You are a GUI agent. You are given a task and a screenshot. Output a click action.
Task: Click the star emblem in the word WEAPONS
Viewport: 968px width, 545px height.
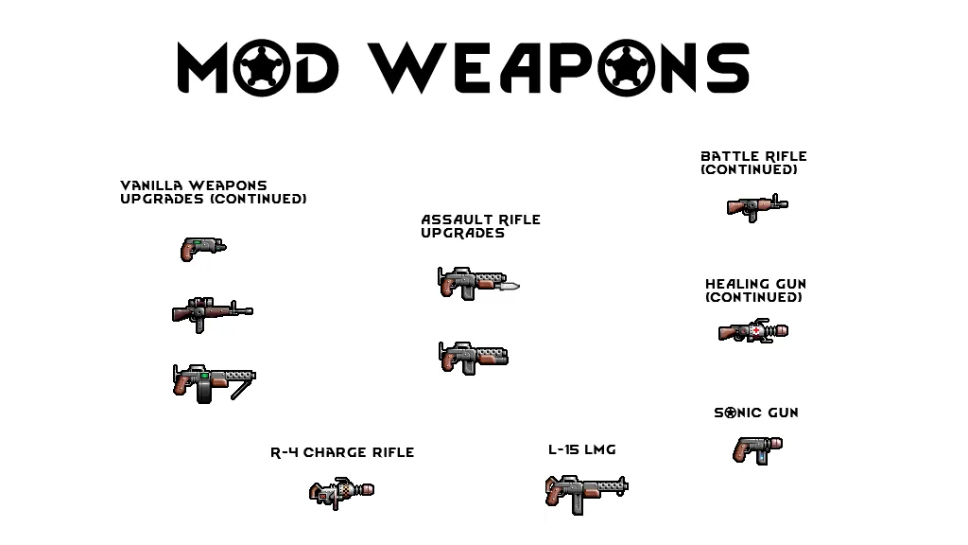(625, 69)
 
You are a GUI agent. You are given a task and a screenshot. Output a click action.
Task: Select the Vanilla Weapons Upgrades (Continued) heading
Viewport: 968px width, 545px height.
(214, 192)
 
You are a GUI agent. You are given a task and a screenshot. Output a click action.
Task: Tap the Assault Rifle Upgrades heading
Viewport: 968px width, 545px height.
(480, 226)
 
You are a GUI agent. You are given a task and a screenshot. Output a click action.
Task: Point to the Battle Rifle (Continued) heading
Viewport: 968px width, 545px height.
(753, 163)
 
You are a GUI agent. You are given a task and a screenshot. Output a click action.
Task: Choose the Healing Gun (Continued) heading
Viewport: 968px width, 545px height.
(755, 290)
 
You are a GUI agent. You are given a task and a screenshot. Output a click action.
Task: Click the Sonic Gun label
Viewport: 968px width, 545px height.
(755, 413)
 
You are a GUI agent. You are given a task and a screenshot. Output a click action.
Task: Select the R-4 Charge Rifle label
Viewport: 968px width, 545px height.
(342, 452)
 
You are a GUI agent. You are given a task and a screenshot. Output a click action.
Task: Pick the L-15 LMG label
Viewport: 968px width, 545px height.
(581, 449)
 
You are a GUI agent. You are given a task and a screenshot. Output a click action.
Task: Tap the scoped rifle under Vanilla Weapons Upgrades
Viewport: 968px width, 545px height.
(212, 311)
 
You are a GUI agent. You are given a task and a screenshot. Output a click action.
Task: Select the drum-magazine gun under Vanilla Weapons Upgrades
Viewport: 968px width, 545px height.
(214, 382)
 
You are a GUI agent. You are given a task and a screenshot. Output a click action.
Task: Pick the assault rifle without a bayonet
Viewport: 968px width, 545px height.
(473, 357)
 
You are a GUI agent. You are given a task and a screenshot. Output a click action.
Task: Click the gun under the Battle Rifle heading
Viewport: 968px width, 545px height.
(756, 206)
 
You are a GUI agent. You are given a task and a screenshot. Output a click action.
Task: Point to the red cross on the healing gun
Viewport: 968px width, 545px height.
(756, 330)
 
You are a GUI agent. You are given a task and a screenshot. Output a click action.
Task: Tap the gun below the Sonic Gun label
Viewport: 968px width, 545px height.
(757, 448)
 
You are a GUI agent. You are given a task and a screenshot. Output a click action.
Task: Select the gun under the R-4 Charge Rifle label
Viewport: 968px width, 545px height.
(341, 492)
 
